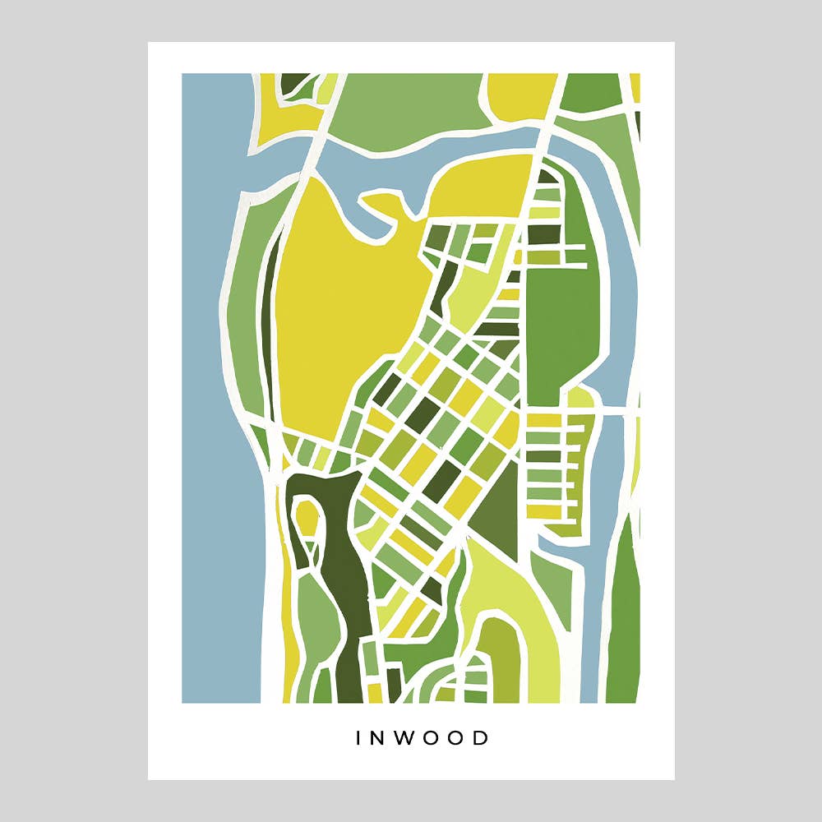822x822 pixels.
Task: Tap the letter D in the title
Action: point(481,738)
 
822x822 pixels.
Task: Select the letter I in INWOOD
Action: point(358,738)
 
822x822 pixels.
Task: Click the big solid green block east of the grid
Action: point(559,329)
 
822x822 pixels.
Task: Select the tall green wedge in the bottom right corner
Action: point(625,625)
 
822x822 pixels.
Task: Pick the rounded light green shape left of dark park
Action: point(312,616)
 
